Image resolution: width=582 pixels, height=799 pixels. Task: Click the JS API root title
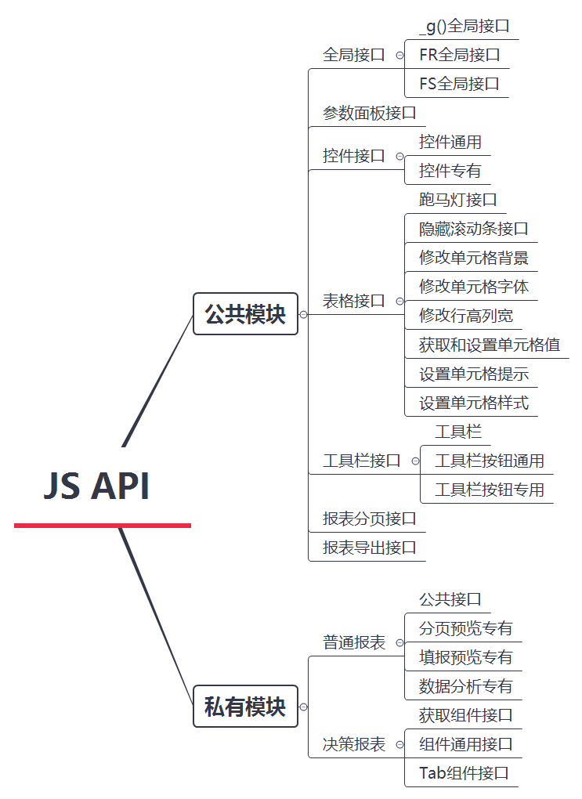click(96, 486)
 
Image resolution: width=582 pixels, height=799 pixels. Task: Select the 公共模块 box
click(245, 314)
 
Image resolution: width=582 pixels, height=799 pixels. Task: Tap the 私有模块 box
click(245, 707)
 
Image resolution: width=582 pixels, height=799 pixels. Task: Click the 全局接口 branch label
click(354, 55)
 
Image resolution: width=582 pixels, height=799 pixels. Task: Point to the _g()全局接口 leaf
click(465, 26)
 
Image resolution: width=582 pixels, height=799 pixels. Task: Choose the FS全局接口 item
click(459, 84)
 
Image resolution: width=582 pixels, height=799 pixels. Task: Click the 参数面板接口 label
click(370, 113)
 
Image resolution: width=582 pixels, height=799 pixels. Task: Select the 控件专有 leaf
click(450, 171)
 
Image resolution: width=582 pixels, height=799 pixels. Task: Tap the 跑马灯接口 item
click(458, 200)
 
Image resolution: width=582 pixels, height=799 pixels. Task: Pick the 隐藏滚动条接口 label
click(474, 229)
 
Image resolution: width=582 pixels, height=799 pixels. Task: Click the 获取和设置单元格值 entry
click(490, 345)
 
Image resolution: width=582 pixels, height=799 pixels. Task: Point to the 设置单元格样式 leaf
click(474, 403)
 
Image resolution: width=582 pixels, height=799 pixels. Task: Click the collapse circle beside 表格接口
click(399, 301)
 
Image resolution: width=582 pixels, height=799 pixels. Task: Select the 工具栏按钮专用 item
click(490, 490)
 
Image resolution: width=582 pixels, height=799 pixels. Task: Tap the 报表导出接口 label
click(370, 548)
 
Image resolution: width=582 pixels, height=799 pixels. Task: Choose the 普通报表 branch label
click(354, 642)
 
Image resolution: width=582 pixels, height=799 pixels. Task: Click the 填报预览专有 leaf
click(466, 657)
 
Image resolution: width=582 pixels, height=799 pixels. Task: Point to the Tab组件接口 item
click(464, 773)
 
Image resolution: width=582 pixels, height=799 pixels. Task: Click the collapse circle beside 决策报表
click(399, 744)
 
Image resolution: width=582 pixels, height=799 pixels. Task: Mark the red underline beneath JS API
click(103, 525)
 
